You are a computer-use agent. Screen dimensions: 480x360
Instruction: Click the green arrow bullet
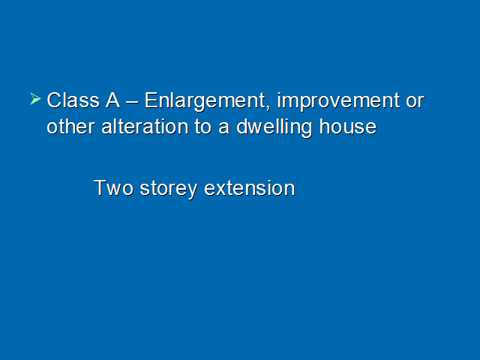(35, 98)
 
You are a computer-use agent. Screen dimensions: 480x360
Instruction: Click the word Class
(73, 100)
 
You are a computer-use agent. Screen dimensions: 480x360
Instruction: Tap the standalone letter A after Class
(112, 100)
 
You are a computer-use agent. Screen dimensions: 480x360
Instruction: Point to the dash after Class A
(132, 102)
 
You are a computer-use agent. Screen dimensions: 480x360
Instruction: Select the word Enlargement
(205, 102)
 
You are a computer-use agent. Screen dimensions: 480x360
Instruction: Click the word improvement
(338, 102)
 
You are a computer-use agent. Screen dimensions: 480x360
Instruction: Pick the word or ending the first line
(415, 102)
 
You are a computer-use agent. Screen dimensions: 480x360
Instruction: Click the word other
(70, 127)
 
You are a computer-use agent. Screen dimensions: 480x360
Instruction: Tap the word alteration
(145, 127)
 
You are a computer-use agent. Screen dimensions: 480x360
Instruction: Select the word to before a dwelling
(203, 127)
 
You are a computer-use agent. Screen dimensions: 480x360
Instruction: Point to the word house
(348, 127)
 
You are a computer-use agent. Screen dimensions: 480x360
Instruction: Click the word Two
(113, 188)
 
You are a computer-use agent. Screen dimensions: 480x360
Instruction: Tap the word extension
(250, 188)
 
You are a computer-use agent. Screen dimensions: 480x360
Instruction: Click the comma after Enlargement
(268, 107)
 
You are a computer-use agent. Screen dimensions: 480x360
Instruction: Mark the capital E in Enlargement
(151, 100)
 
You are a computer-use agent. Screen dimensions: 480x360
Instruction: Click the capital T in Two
(100, 187)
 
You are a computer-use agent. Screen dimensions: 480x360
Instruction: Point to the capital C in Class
(54, 100)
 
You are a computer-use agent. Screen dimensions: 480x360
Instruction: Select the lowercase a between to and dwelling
(223, 128)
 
